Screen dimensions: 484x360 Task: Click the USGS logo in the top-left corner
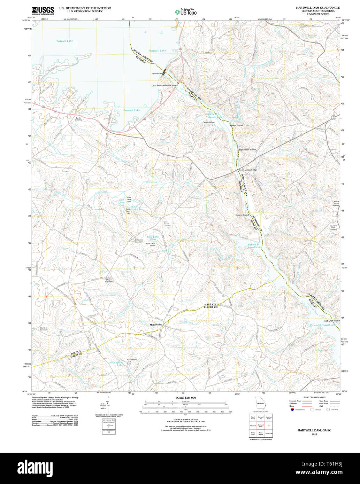pos(43,11)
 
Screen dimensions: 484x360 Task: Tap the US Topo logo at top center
pos(186,12)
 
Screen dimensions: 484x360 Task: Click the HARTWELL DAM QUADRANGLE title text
pos(318,8)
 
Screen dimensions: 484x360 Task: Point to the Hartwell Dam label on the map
pos(157,73)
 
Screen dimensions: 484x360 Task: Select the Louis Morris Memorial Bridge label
pos(164,85)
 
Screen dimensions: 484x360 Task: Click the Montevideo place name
pos(156,325)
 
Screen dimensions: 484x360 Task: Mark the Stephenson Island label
pos(246,150)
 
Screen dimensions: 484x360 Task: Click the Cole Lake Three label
pos(153,238)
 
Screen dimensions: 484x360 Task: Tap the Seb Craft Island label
pos(331,321)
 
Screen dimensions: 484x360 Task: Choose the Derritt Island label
pos(209,122)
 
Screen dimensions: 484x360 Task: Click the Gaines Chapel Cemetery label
pos(109,280)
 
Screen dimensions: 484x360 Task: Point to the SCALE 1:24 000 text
pos(186,398)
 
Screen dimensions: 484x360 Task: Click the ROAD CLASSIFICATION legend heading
pos(314,397)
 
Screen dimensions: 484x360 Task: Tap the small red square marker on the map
pos(46,296)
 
